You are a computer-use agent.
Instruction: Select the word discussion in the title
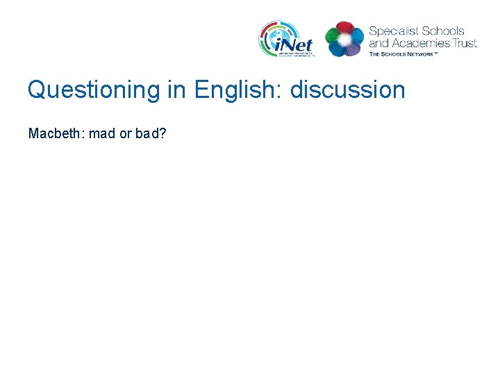(347, 90)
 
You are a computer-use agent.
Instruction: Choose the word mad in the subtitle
(102, 133)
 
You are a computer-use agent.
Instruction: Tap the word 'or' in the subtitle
(126, 133)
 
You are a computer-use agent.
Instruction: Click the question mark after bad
(162, 133)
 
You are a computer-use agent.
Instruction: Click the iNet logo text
(294, 45)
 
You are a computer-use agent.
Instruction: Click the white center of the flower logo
(344, 40)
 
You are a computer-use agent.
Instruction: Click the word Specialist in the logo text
(393, 31)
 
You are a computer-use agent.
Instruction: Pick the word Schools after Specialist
(442, 31)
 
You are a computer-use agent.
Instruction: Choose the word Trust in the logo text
(463, 42)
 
